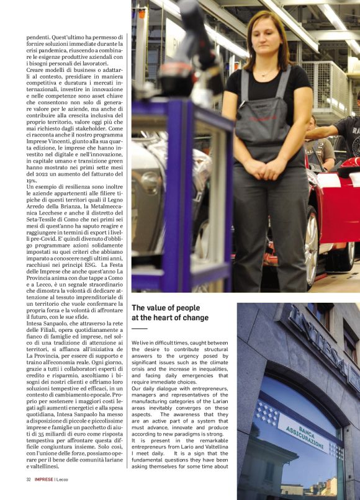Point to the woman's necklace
265,74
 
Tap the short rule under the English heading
139,329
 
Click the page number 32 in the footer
29,480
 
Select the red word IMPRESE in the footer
43,480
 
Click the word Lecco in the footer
65,480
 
